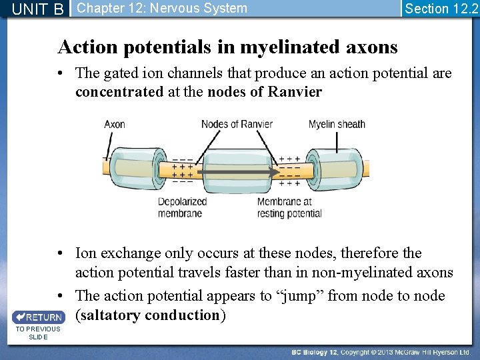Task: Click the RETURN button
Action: pyautogui.click(x=38, y=317)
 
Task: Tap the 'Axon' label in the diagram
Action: pyautogui.click(x=115, y=124)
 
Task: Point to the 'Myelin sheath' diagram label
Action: pyautogui.click(x=337, y=124)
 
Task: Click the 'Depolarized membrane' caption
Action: pyautogui.click(x=182, y=207)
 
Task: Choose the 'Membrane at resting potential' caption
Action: pyautogui.click(x=289, y=207)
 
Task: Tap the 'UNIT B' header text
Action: pyautogui.click(x=38, y=9)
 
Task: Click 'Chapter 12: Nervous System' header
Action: pyautogui.click(x=162, y=9)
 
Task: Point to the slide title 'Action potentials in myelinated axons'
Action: pyautogui.click(x=227, y=47)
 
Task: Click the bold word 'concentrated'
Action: pyautogui.click(x=119, y=92)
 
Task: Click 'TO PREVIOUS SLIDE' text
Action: pyautogui.click(x=38, y=333)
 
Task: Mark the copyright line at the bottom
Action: pyautogui.click(x=381, y=351)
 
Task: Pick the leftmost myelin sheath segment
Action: pyautogui.click(x=135, y=170)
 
